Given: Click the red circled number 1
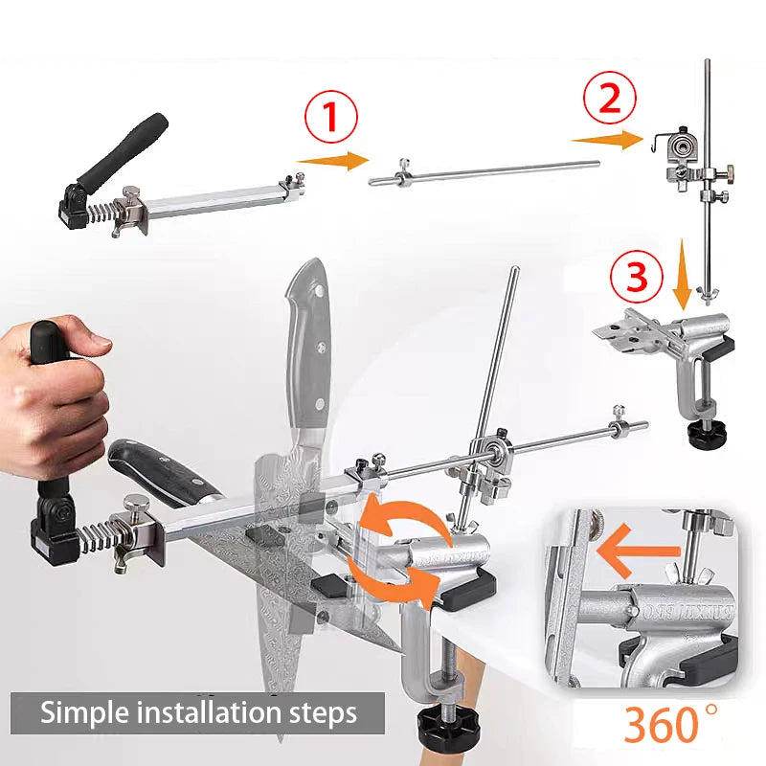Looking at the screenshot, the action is (331, 118).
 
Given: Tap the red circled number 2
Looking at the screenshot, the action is (610, 97).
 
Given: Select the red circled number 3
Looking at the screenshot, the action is (636, 277).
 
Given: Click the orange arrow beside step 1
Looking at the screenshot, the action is (332, 160).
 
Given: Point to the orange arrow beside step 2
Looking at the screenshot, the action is (607, 139).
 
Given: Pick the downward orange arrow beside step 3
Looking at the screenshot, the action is (682, 274).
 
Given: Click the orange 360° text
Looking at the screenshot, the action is (671, 724).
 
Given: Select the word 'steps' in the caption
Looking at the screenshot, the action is (332, 714).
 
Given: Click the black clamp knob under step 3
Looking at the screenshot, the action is (707, 432).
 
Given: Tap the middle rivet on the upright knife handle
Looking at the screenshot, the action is (321, 348).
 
